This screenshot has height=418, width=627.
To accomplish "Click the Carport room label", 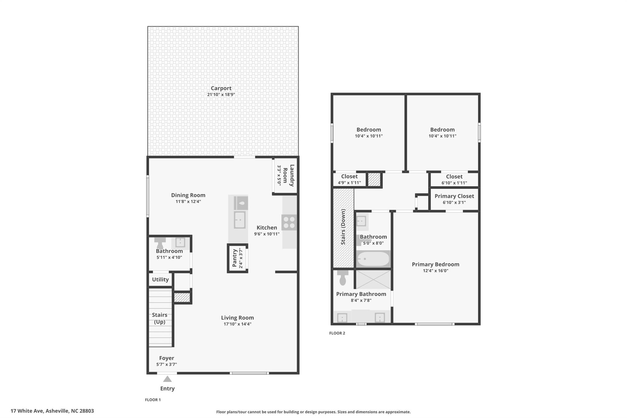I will coord(221,88).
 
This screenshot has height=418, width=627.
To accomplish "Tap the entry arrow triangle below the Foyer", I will coord(167,379).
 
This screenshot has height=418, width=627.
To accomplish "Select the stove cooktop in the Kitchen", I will coord(289,223).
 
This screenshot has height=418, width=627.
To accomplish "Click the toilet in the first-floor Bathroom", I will coord(160,243).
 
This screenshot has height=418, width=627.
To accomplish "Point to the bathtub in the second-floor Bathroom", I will coord(373,259).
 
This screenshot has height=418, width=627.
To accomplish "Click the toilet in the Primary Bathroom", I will coord(343,278).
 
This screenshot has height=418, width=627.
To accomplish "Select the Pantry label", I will coord(235,258).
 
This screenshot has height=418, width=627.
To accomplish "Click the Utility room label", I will coord(160,279).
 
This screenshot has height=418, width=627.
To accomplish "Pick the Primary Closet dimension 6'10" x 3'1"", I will coord(454,202).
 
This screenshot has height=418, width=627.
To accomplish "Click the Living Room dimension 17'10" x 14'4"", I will coord(237,324).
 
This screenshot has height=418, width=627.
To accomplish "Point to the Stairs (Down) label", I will coord(343,227).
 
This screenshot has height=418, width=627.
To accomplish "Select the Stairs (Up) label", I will coord(160,318).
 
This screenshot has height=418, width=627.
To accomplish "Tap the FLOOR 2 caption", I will coord(337,333).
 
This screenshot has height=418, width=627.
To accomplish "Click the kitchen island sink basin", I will coord(239,220).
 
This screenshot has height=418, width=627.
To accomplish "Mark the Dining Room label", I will coord(188,195).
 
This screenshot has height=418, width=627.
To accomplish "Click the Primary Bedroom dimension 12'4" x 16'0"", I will coord(435,271).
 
